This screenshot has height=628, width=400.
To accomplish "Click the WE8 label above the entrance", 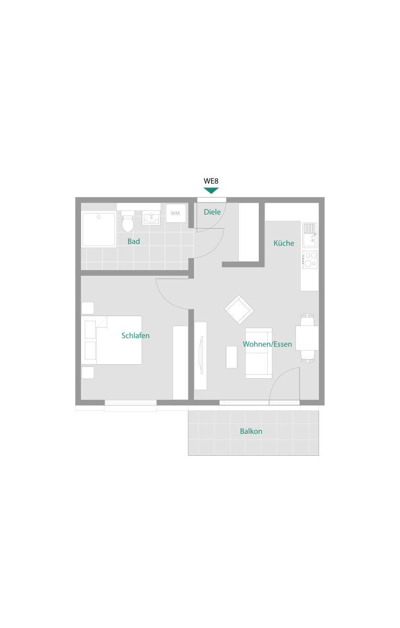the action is click(211, 181).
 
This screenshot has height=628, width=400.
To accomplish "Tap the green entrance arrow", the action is click(211, 190).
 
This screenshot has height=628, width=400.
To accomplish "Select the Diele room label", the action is click(212, 212).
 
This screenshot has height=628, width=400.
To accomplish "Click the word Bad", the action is click(134, 241).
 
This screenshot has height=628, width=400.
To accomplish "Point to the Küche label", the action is click(284, 243).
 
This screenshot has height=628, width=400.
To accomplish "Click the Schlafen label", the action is click(135, 335).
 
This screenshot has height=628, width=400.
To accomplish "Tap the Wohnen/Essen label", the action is click(267, 344).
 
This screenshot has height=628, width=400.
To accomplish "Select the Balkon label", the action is click(251, 431).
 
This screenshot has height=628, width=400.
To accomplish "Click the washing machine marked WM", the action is click(176, 214).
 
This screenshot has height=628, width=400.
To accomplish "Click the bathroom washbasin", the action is click(151, 218).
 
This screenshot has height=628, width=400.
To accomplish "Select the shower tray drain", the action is click(99, 217).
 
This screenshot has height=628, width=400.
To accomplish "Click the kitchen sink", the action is click(310, 235).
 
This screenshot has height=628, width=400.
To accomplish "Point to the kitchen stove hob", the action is click(310, 260).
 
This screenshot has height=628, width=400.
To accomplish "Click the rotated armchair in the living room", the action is click(239, 309).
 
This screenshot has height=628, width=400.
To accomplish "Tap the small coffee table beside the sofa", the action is click(231, 357).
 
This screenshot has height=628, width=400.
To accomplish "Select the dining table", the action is click(307, 338).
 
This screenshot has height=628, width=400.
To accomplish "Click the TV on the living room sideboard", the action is click(201, 355).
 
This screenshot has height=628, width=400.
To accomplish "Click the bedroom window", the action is click(131, 402).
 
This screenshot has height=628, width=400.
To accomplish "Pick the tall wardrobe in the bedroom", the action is click(180, 363).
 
